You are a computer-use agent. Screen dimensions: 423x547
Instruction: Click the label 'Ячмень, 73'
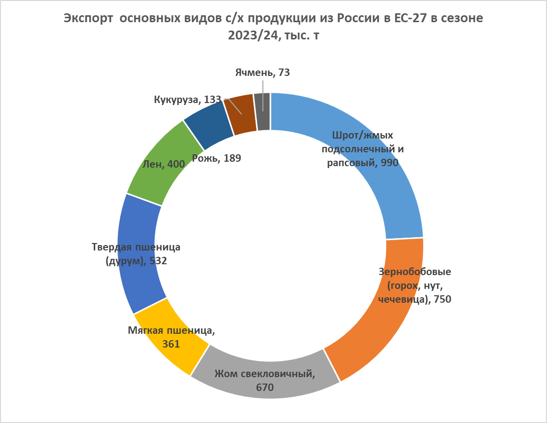click(x=262, y=72)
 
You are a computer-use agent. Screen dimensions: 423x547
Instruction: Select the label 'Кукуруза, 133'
click(x=187, y=100)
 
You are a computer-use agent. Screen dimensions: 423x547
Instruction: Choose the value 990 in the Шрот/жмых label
click(x=387, y=163)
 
